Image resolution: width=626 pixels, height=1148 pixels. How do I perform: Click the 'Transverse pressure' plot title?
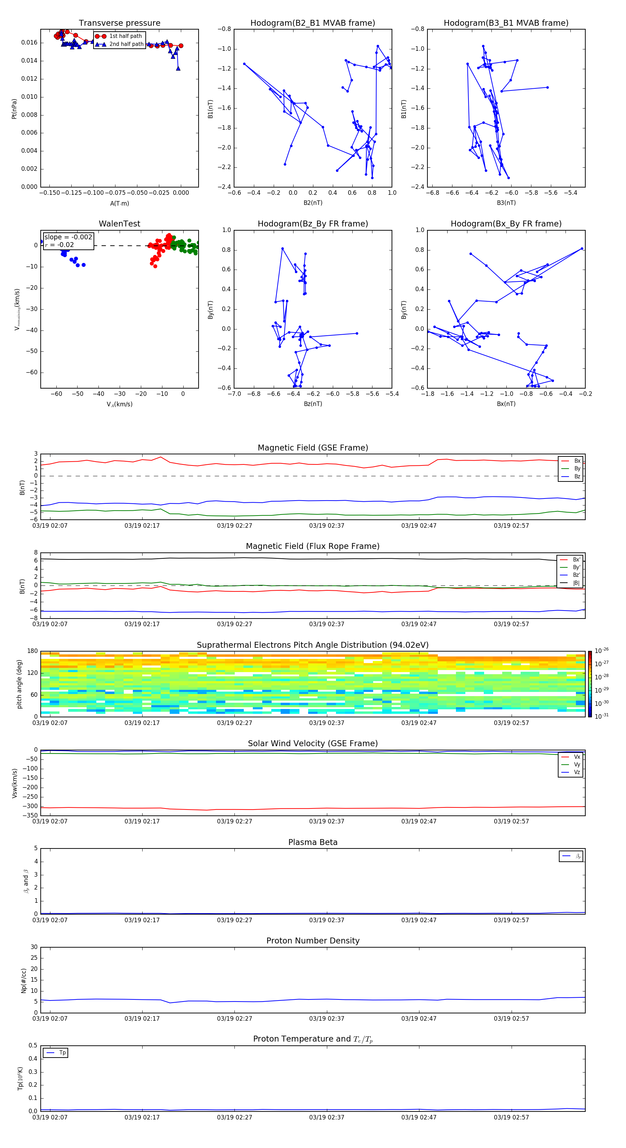pos(119,23)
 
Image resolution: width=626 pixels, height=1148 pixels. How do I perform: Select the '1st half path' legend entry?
pos(125,36)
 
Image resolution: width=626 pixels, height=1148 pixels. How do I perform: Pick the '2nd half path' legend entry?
pos(126,44)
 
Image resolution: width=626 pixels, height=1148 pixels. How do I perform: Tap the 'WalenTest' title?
pos(119,224)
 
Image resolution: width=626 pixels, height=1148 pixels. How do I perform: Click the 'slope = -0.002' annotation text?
pos(68,237)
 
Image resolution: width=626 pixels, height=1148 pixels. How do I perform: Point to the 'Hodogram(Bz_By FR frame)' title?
pos(313,224)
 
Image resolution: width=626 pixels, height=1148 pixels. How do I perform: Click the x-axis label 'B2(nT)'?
pos(313,203)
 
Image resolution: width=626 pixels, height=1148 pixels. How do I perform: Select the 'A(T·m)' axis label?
pos(119,203)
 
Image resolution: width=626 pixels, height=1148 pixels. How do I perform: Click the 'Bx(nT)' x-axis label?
pos(506,404)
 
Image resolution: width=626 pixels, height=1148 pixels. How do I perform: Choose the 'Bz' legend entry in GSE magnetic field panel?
pos(577,476)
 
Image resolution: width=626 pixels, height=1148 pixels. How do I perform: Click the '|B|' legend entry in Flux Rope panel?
pos(576,583)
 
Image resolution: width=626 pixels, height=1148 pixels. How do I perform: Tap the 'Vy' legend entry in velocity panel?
pos(577,764)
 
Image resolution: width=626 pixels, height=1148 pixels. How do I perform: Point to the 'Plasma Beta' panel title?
pos(313,842)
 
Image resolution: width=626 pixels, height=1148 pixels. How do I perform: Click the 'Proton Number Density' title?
pos(313,941)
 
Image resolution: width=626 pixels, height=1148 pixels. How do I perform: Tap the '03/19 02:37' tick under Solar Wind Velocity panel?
pos(327,821)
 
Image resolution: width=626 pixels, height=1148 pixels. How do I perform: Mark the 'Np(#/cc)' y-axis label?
pos(24,980)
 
